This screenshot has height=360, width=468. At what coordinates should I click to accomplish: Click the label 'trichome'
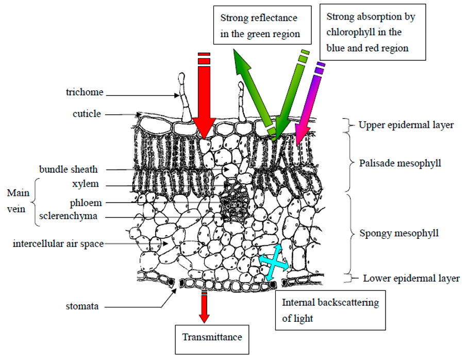(85, 92)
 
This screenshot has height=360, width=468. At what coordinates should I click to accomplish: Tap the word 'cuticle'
(87, 114)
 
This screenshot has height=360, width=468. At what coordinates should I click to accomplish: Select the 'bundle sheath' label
(69, 169)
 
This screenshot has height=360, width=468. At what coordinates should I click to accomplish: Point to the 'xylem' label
(86, 184)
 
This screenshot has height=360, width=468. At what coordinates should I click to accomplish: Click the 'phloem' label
(86, 203)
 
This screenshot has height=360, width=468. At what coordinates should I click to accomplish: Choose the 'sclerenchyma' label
(69, 216)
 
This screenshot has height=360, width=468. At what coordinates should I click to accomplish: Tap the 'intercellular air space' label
(58, 244)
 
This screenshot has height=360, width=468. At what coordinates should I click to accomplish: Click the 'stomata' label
(82, 306)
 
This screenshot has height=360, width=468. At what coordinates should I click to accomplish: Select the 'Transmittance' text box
(212, 340)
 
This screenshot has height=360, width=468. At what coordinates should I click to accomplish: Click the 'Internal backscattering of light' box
(330, 310)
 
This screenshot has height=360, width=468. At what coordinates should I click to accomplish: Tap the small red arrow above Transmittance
(204, 306)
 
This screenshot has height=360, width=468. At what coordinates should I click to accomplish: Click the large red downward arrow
(204, 95)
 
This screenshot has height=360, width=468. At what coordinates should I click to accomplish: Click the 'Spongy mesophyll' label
(399, 233)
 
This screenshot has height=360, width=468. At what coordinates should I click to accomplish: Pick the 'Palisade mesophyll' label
(400, 163)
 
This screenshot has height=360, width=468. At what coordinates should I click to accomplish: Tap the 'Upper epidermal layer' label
(406, 125)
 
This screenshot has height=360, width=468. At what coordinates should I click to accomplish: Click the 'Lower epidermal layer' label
(411, 279)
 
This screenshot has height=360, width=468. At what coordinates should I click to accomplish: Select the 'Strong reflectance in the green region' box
(262, 25)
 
